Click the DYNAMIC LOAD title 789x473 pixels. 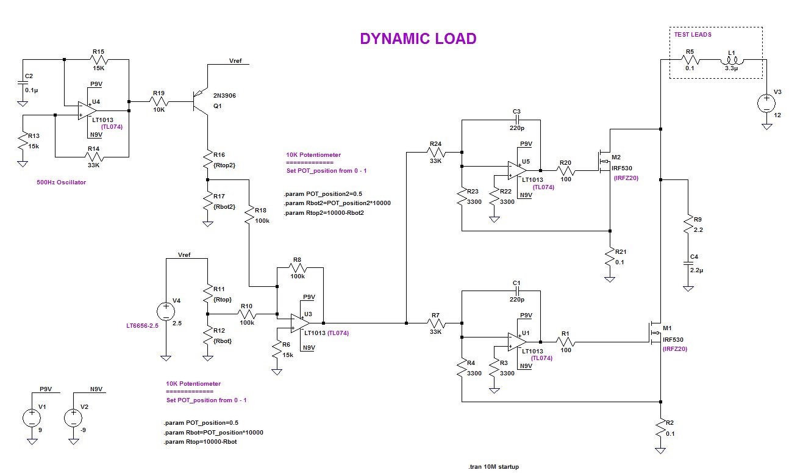click(x=418, y=38)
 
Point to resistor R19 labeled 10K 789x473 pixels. click(x=159, y=103)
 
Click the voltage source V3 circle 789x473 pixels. click(x=766, y=101)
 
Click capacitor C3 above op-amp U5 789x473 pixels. click(x=516, y=120)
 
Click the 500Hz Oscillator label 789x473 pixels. click(x=61, y=182)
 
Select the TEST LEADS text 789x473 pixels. click(x=692, y=35)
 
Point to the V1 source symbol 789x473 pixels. click(x=31, y=417)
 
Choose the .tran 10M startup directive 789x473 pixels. click(x=493, y=467)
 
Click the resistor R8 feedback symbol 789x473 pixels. click(x=297, y=267)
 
